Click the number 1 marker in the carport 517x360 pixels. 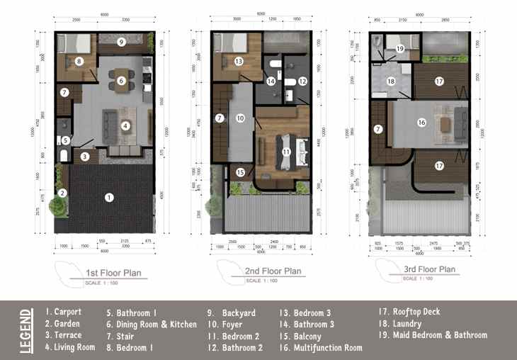[108, 197]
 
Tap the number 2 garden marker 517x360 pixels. [62, 193]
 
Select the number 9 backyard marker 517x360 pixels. [121, 43]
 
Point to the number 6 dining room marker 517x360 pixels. [121, 81]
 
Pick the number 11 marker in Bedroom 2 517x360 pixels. [287, 152]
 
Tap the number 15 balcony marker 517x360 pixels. [240, 172]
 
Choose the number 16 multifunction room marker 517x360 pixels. [421, 122]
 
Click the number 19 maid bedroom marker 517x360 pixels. [400, 48]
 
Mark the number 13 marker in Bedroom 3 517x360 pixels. [239, 62]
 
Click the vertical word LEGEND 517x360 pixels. [26, 329]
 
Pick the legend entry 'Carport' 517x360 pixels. [64, 311]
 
